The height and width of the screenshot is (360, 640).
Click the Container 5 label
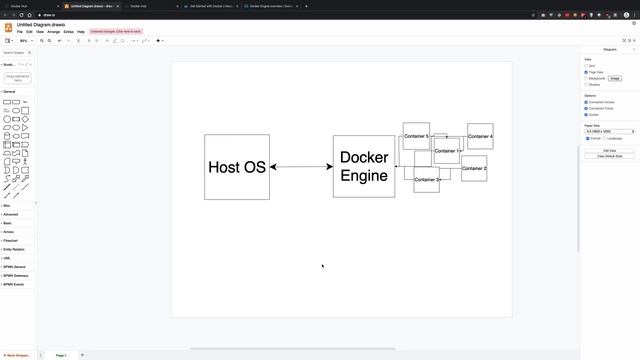[x=416, y=136]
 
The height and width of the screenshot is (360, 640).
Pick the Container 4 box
[x=480, y=136]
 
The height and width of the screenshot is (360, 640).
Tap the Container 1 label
[x=447, y=151]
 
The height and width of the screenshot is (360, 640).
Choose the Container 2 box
[x=474, y=168]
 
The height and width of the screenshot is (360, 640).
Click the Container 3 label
[x=426, y=180]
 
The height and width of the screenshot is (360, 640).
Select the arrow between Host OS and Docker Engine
[x=301, y=167]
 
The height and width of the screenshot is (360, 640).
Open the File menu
[x=19, y=32]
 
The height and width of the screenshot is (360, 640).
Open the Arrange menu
[x=53, y=32]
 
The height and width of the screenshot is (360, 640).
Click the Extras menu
[x=68, y=32]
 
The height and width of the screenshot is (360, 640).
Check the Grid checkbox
[x=587, y=66]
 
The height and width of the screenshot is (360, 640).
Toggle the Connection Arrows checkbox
[x=587, y=102]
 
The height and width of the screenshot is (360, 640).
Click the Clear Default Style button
[x=609, y=156]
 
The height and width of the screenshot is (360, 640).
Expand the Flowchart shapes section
[x=10, y=241]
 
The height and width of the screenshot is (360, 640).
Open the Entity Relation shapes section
[x=13, y=249]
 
